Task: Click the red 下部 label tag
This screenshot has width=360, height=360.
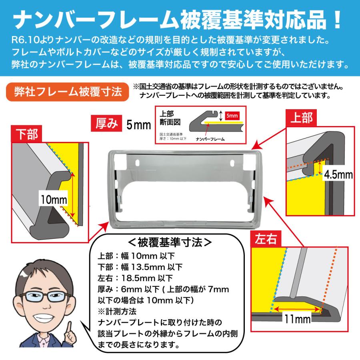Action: point(27,134)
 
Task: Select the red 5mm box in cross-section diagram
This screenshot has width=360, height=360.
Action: point(232,115)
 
